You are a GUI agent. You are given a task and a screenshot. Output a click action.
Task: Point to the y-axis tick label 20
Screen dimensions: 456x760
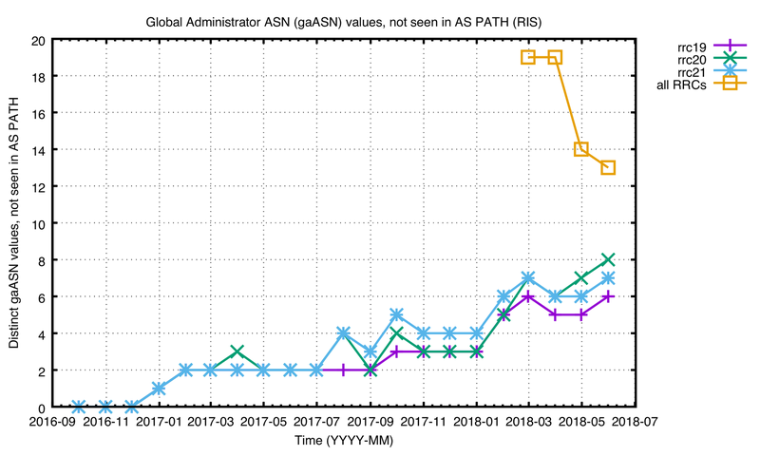tap(36, 41)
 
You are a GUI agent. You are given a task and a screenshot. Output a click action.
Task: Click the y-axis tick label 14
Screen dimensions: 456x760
tap(36, 150)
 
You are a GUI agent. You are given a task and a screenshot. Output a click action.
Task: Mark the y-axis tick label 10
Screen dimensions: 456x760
tap(36, 223)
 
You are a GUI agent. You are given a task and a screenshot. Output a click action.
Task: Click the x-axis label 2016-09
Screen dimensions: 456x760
tap(53, 421)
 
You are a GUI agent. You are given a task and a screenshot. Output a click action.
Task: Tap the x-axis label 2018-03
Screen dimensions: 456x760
tap(528, 421)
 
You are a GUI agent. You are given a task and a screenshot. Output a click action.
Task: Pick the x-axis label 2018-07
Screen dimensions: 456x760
tap(635, 421)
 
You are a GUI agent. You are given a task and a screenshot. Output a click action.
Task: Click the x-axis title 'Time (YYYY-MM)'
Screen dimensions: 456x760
tap(343, 441)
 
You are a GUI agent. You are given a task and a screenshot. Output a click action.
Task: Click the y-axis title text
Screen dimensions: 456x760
tap(15, 223)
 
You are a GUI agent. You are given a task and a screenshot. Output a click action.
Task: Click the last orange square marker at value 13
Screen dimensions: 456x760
tap(608, 168)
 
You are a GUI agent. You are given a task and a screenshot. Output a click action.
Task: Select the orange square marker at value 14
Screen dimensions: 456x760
tap(581, 150)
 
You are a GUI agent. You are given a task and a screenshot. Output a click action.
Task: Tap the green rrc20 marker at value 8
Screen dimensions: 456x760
tap(608, 259)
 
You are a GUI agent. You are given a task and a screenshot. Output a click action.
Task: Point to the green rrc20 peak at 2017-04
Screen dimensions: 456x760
tap(237, 351)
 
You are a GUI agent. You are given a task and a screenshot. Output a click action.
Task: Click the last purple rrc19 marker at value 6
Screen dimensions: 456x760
tap(608, 296)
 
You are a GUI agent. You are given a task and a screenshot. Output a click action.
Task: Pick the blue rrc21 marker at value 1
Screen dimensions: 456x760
tap(160, 388)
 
